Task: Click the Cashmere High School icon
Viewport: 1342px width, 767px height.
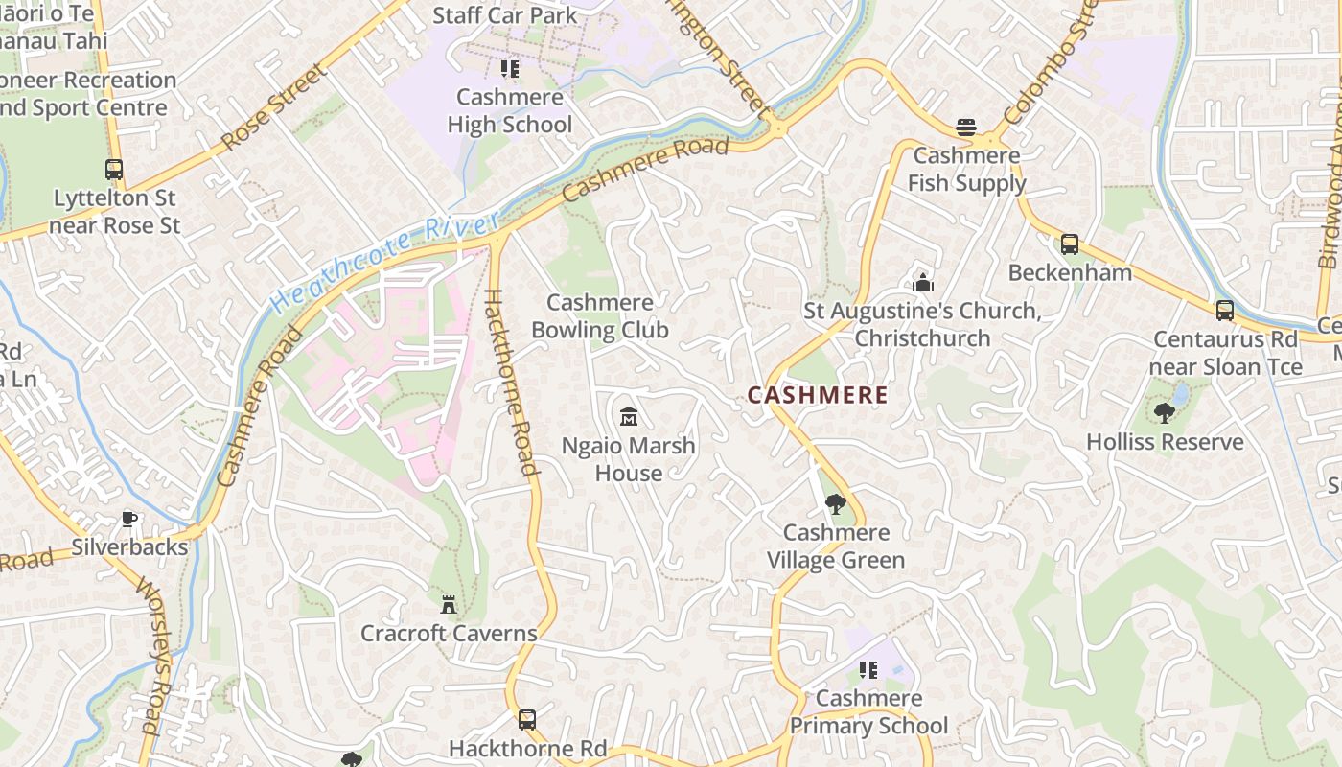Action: tap(509, 69)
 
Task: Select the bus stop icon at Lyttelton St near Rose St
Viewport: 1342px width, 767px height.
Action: tap(114, 171)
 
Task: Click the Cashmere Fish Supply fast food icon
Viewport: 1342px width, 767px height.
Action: tap(965, 128)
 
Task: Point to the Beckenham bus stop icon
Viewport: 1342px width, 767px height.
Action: tap(1069, 244)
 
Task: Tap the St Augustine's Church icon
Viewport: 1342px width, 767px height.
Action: tap(923, 283)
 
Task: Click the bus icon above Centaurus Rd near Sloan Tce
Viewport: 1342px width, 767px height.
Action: tap(1224, 311)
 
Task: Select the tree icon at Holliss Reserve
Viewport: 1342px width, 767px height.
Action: tap(1165, 413)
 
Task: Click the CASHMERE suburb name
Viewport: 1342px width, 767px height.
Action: tap(817, 395)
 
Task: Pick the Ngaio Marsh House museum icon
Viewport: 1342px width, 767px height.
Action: tap(629, 417)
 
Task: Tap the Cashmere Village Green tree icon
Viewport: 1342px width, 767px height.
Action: tap(835, 504)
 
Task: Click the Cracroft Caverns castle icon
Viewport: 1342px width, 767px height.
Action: tap(448, 605)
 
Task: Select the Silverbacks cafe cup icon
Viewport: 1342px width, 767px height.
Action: tap(129, 520)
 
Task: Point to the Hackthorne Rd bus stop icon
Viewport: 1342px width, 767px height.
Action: tap(526, 720)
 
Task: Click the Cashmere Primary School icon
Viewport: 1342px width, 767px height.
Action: tap(868, 670)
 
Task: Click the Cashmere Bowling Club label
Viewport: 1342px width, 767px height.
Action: tap(600, 316)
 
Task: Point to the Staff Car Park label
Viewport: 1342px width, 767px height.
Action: tap(505, 15)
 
